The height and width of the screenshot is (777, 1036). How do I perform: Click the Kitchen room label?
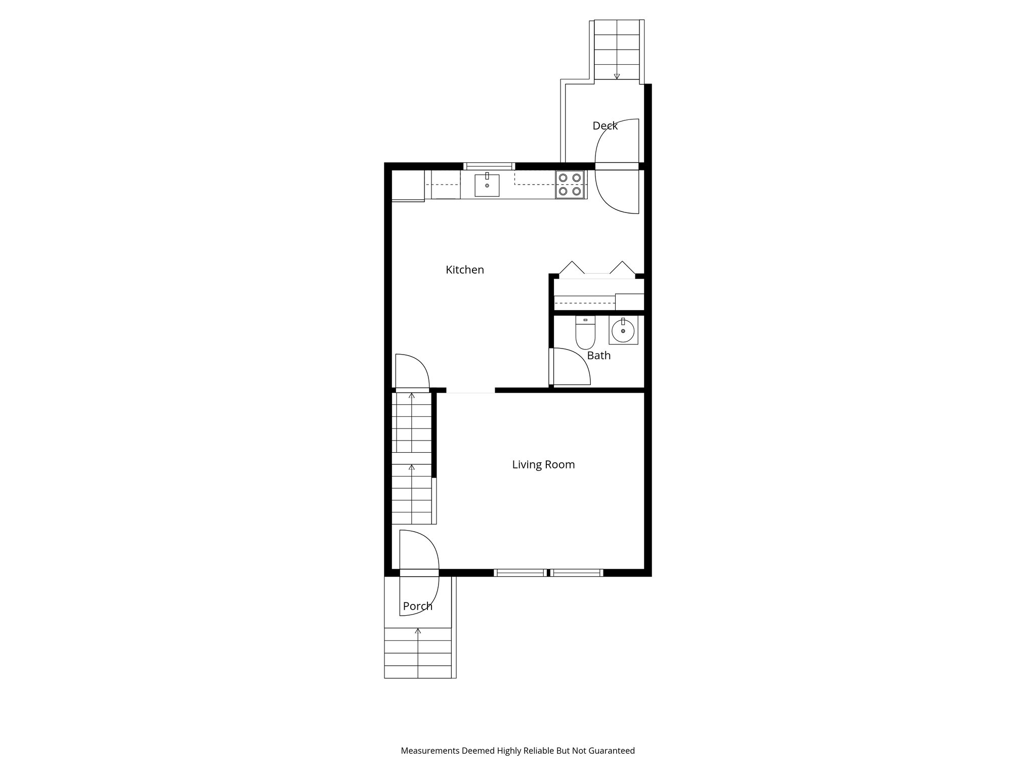tap(464, 270)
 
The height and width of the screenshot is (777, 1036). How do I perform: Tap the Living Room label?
tap(543, 464)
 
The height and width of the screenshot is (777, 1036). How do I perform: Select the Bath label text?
tap(598, 356)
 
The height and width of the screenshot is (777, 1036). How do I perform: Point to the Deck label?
tap(605, 125)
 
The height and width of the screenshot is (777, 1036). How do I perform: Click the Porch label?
tap(417, 606)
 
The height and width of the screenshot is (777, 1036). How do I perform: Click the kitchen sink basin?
tap(487, 185)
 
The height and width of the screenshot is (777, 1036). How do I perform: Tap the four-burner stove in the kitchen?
tap(570, 184)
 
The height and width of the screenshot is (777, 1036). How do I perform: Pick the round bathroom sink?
tap(623, 332)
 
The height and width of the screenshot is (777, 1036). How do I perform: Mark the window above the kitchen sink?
tap(489, 165)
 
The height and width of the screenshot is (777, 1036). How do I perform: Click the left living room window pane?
tap(520, 573)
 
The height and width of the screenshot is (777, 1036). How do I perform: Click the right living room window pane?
tap(576, 573)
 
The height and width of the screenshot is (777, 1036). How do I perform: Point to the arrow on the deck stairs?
tap(617, 76)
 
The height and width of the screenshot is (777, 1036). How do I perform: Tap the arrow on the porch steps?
tap(418, 631)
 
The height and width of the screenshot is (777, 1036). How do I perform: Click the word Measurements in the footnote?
tap(430, 751)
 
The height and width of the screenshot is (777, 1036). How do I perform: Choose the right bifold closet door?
tap(622, 268)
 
